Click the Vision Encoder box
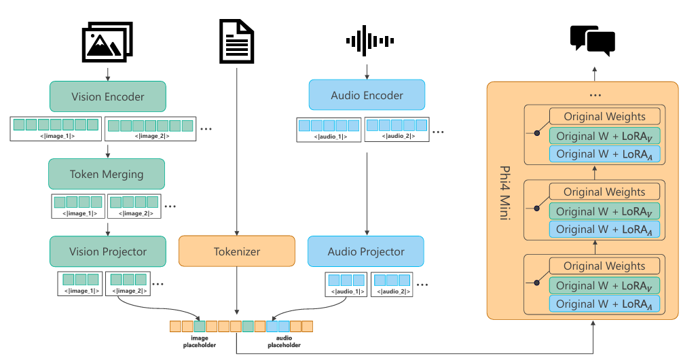(x=107, y=96)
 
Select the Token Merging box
(x=107, y=174)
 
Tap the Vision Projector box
(x=107, y=251)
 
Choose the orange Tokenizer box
(x=236, y=251)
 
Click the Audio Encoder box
(x=367, y=95)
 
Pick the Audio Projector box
(x=366, y=251)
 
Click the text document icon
(x=236, y=40)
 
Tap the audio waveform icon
(x=367, y=41)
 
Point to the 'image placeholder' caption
(x=199, y=341)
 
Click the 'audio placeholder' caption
(x=283, y=341)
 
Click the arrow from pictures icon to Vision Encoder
(x=107, y=73)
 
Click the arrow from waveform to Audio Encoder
(x=367, y=71)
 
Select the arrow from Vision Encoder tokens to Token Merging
(x=107, y=150)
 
